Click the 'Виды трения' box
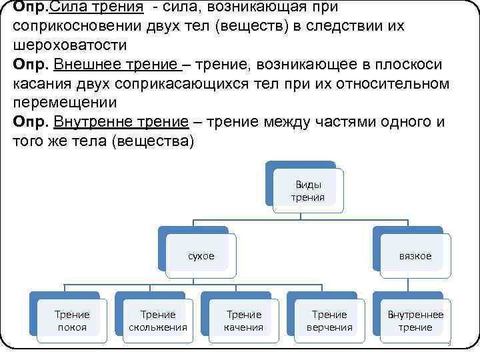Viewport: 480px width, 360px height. tap(307, 190)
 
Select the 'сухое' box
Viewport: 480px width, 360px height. tap(201, 256)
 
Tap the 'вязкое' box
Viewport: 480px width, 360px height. tap(415, 256)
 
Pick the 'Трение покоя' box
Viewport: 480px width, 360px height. tap(72, 320)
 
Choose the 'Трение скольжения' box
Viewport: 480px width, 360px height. tap(158, 320)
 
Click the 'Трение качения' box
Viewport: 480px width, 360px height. tap(244, 320)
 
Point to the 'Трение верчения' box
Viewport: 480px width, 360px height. tap(329, 320)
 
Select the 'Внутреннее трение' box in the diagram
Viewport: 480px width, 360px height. tap(415, 320)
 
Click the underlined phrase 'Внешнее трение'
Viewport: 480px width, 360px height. tap(117, 65)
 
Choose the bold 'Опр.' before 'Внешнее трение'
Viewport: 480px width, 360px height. tap(30, 65)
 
